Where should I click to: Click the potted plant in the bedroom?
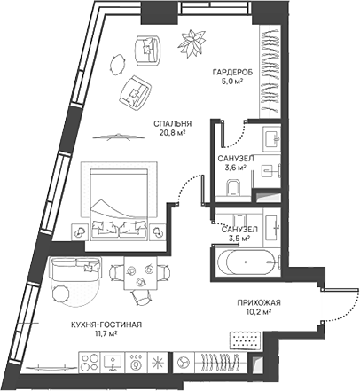pyautogui.click(x=190, y=40)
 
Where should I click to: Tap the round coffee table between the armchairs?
pyautogui.click(x=118, y=64)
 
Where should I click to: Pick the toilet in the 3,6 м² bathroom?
pyautogui.click(x=234, y=186)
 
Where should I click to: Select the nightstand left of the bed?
pyautogui.click(x=78, y=231)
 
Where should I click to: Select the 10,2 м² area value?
pyautogui.click(x=259, y=311)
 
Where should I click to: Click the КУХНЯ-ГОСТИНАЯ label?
pyautogui.click(x=106, y=325)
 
